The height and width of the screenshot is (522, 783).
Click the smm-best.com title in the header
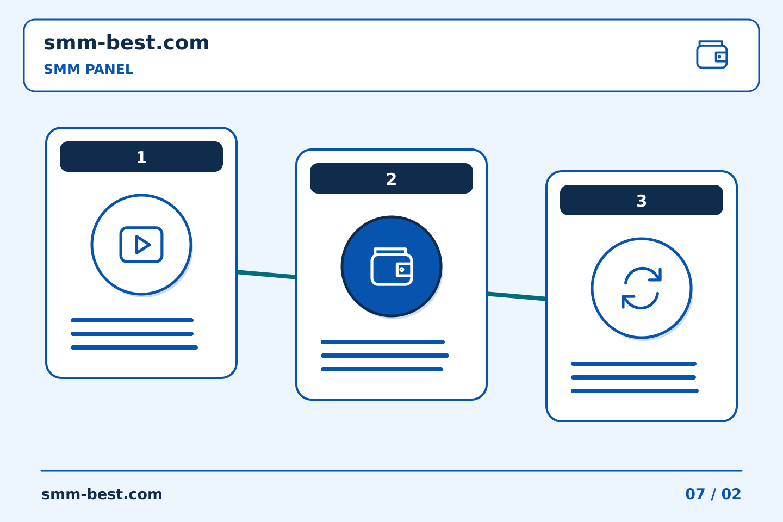click(126, 43)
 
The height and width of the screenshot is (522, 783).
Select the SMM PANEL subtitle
click(89, 69)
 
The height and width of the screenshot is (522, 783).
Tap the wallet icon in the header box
click(712, 54)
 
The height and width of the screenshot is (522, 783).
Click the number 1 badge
click(141, 157)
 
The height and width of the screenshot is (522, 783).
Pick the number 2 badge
click(391, 178)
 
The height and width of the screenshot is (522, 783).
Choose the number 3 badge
click(642, 200)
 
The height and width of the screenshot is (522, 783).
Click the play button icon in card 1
click(141, 244)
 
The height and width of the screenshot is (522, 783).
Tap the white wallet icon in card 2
click(391, 266)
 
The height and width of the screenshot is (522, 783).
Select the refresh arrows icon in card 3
click(642, 288)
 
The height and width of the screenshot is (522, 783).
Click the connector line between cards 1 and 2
click(266, 275)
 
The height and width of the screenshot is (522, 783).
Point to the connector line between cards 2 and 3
click(517, 296)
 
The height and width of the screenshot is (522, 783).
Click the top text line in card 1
click(132, 320)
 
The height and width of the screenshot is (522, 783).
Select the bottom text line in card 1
click(134, 347)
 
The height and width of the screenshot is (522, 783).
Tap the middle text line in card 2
click(385, 356)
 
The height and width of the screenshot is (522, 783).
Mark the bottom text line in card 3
click(635, 391)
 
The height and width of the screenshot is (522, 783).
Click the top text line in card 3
click(634, 364)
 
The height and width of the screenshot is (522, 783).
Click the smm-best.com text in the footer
click(102, 494)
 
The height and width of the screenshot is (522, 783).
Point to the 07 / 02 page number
click(713, 494)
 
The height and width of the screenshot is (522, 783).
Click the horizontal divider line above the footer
click(391, 471)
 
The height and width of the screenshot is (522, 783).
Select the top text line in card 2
click(383, 342)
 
